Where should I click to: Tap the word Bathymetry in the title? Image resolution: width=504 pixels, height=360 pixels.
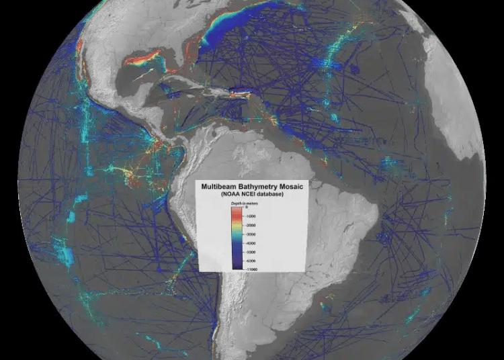[x=256, y=186]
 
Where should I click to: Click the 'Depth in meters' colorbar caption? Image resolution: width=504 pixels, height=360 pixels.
[x=241, y=203]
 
